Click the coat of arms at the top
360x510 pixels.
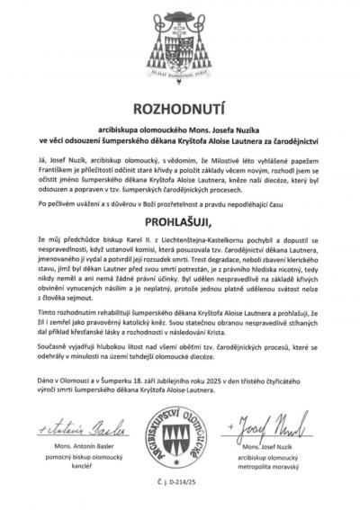(x=180, y=45)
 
